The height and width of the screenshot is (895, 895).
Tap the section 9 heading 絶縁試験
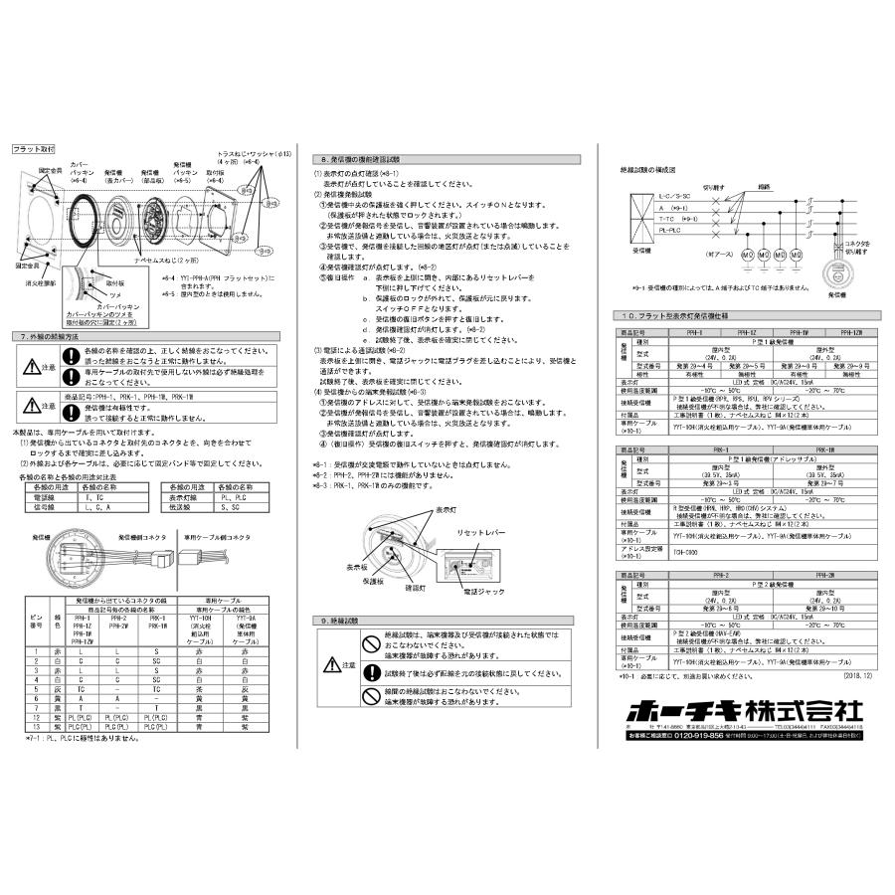click(349, 620)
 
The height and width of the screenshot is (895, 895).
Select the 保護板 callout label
click(373, 579)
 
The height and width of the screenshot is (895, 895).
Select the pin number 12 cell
click(35, 716)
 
